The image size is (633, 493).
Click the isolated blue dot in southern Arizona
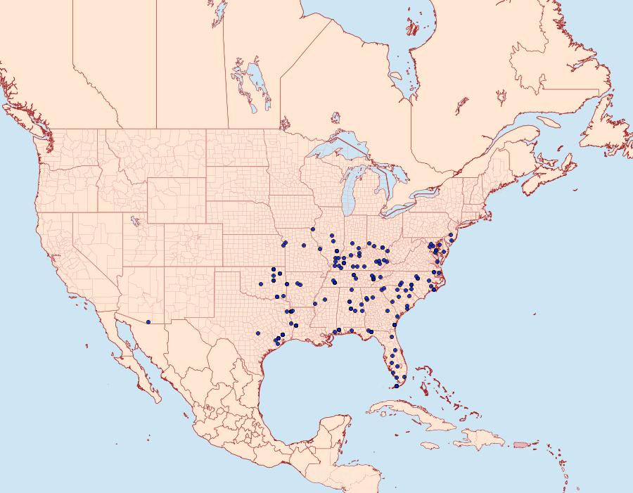coord(148,322)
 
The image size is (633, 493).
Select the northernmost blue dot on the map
coord(312,229)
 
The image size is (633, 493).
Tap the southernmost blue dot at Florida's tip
coord(396,386)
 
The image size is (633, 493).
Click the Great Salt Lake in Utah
coord(132,221)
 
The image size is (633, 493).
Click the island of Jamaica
coord(430,445)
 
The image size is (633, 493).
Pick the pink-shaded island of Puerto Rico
coord(520,444)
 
